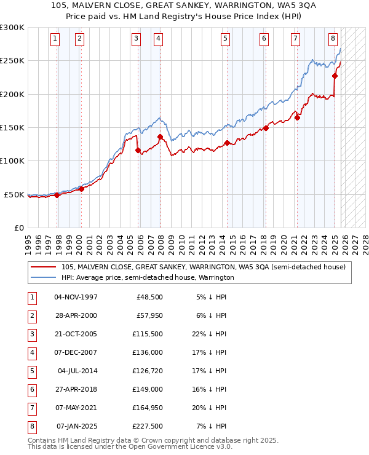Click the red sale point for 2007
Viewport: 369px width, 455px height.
pyautogui.click(x=160, y=137)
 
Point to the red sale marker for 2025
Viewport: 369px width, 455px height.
pyautogui.click(x=335, y=76)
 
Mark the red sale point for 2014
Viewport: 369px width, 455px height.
pyautogui.click(x=227, y=143)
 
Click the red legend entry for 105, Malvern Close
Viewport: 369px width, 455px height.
pyautogui.click(x=204, y=267)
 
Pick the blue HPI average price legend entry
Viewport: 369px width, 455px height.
pyautogui.click(x=148, y=277)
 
